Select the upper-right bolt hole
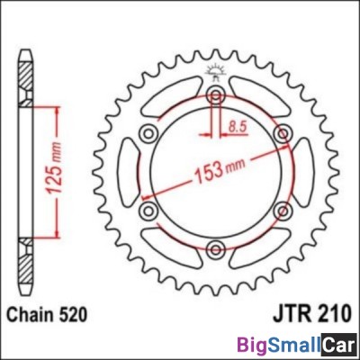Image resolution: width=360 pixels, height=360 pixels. [281, 134]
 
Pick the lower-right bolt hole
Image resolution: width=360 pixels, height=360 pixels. [281, 211]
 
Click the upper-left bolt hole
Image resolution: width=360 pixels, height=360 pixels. [148, 134]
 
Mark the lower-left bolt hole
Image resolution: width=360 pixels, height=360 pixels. [148, 211]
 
